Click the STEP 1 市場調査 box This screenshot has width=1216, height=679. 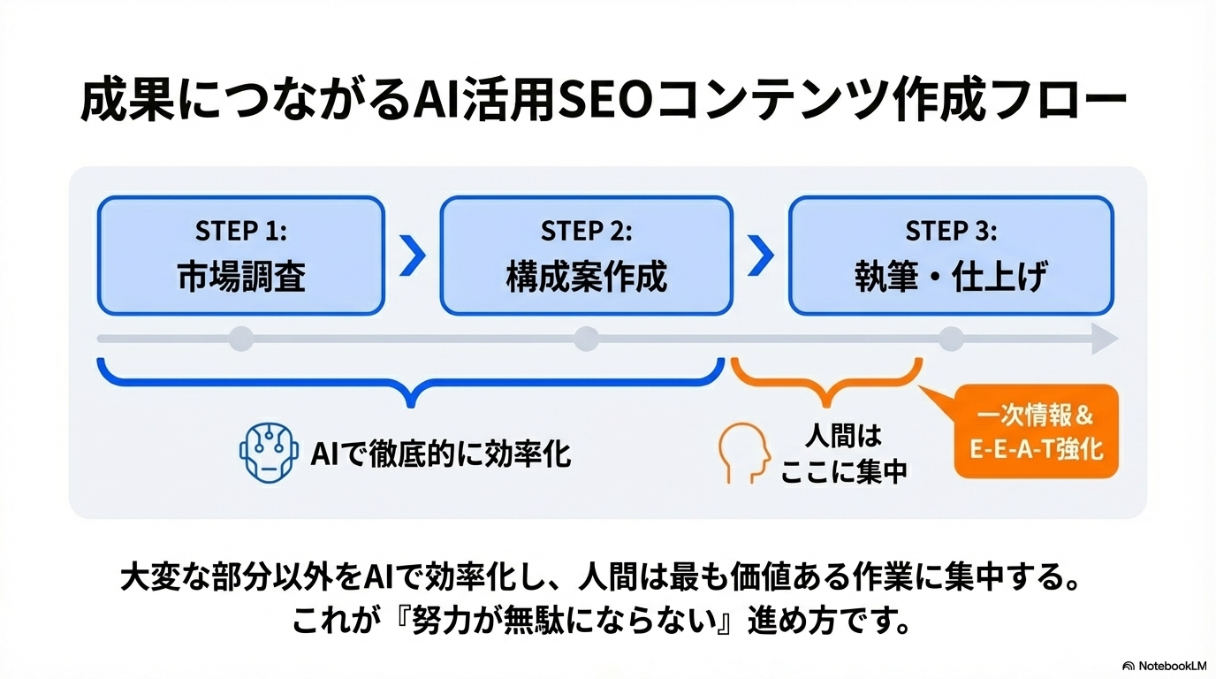click(x=240, y=256)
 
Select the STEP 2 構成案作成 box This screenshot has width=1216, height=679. click(x=586, y=256)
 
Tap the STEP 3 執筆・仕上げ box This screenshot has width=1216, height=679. click(x=951, y=256)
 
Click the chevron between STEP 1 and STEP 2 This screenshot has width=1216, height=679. click(x=413, y=256)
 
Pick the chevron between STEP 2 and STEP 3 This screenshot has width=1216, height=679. click(x=761, y=256)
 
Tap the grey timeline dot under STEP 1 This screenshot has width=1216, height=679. click(x=240, y=339)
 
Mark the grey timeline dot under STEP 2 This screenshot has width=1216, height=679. click(x=586, y=339)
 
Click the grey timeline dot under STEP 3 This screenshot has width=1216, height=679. click(x=951, y=339)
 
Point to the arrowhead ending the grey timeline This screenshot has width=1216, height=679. click(x=1105, y=339)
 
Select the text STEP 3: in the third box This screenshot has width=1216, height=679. click(x=951, y=232)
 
